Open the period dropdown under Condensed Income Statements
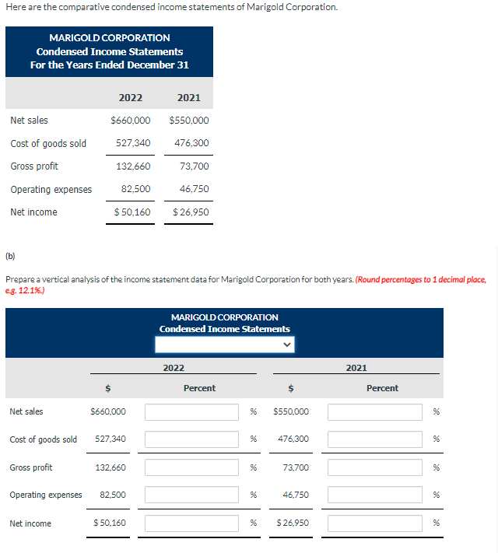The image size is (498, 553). pyautogui.click(x=224, y=345)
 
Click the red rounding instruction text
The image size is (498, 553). pyautogui.click(x=420, y=278)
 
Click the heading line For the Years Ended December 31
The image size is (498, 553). pyautogui.click(x=109, y=65)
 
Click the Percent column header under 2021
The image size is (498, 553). pyautogui.click(x=382, y=388)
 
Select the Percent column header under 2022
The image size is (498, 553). pyautogui.click(x=199, y=388)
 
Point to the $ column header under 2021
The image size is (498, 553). pyautogui.click(x=291, y=388)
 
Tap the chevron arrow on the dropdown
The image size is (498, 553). pyautogui.click(x=286, y=345)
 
